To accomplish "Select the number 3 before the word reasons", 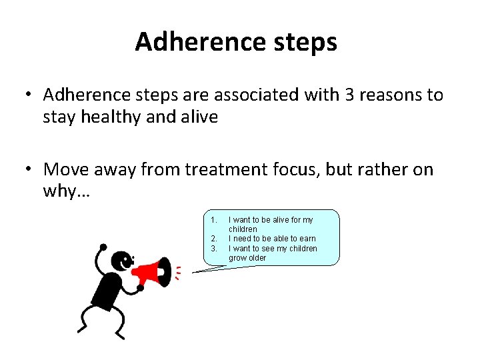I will (351, 95).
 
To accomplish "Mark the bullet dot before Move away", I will (27, 170).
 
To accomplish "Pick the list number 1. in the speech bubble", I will (213, 220).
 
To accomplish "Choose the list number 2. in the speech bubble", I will (213, 239).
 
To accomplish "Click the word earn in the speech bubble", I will (307, 239).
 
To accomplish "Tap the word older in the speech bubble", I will (257, 258).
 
